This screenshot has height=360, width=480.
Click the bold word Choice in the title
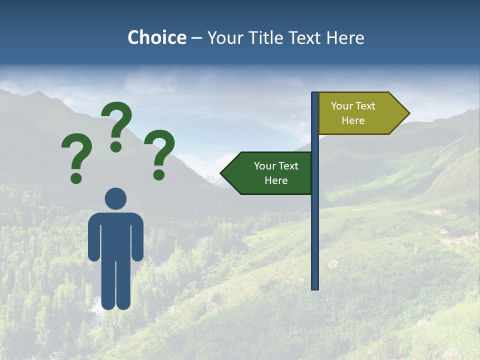point(156,37)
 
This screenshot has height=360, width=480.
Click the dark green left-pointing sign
point(270,173)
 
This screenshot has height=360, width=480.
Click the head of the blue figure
point(115,198)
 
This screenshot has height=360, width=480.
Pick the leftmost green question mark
point(76,155)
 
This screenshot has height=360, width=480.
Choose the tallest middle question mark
point(117,125)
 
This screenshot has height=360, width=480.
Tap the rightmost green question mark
point(160,153)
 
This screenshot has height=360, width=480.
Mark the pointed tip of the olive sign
point(407,113)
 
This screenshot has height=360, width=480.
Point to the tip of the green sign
point(223,173)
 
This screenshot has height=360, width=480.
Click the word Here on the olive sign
point(353,120)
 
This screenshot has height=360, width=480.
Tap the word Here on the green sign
point(276,180)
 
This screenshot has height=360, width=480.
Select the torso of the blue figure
point(115,235)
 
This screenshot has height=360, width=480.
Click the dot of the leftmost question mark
point(76,178)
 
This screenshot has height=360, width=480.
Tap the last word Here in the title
point(345,37)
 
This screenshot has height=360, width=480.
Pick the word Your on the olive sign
point(341,106)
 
